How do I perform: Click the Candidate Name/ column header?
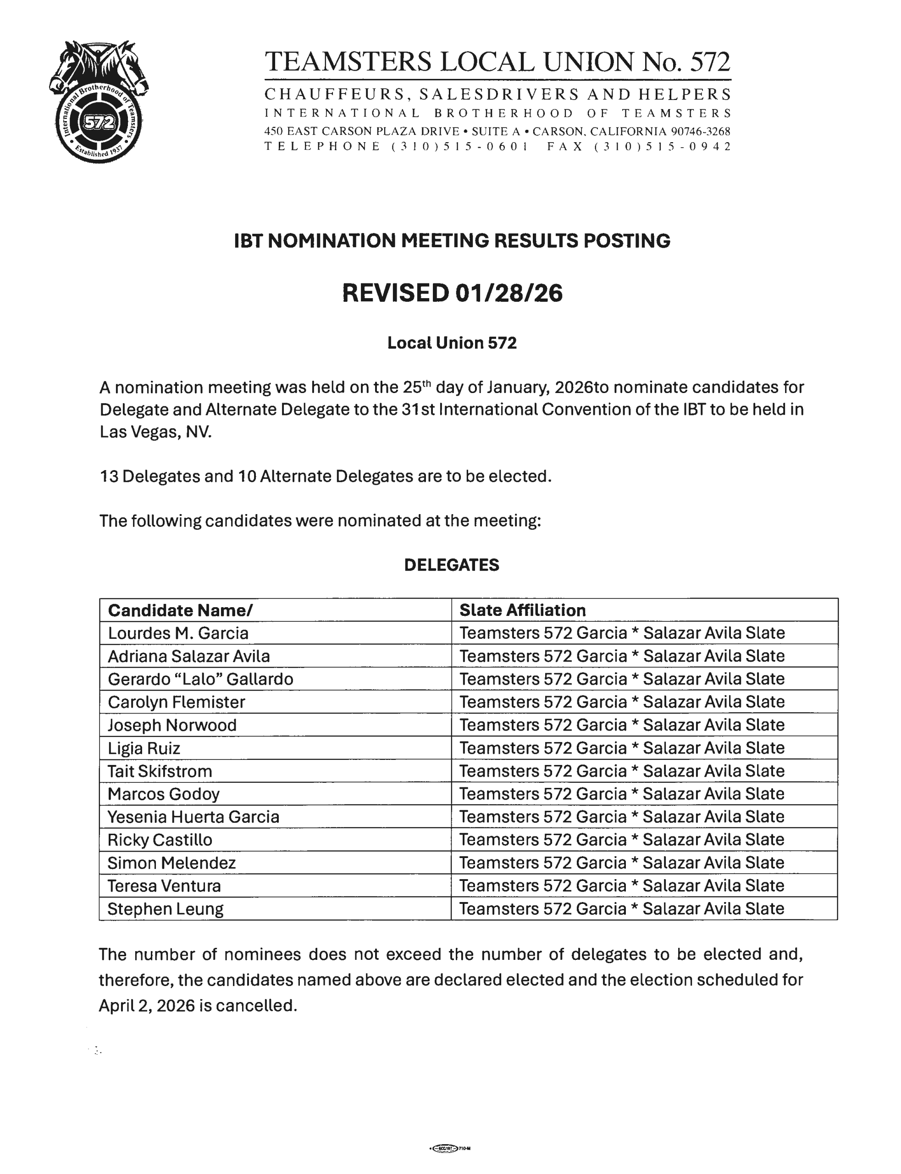tap(180, 610)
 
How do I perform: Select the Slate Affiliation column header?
tap(522, 610)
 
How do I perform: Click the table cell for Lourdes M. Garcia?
tap(178, 633)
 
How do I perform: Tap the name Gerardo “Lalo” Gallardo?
tap(200, 680)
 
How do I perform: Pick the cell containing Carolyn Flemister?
tap(177, 703)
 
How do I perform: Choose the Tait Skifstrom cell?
tap(160, 772)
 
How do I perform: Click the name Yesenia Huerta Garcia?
tap(193, 817)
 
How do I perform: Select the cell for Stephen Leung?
tap(165, 909)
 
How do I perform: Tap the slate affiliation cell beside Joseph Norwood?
tap(622, 725)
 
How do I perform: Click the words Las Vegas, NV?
tap(155, 432)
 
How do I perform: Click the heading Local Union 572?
tap(452, 343)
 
